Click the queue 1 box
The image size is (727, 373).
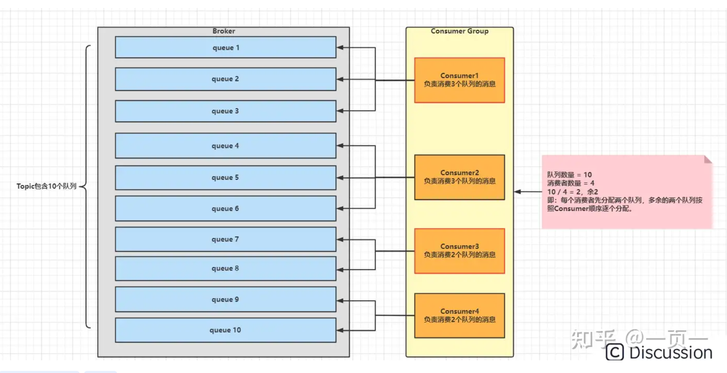[x=225, y=47]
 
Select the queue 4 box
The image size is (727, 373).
[x=225, y=146]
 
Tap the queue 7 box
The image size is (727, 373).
[x=225, y=239]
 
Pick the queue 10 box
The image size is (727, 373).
[x=225, y=330]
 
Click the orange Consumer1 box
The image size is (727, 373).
[x=459, y=80]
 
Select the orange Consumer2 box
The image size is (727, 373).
[x=459, y=177]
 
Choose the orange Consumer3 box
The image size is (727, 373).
[x=459, y=251]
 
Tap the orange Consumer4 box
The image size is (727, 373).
[x=459, y=316]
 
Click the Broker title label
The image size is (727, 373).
[x=224, y=31]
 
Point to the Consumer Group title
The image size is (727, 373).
[x=459, y=31]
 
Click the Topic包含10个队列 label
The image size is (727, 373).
[x=46, y=186]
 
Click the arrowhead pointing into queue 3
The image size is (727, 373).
[x=340, y=111]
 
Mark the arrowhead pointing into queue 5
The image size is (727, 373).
[x=340, y=178]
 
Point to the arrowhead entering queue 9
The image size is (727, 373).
[x=340, y=301]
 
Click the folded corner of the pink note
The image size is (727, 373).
[x=708, y=159]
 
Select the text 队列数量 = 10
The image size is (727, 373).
[x=569, y=175]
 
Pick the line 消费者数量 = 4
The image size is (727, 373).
[x=570, y=183]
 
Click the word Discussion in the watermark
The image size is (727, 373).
[x=670, y=353]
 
